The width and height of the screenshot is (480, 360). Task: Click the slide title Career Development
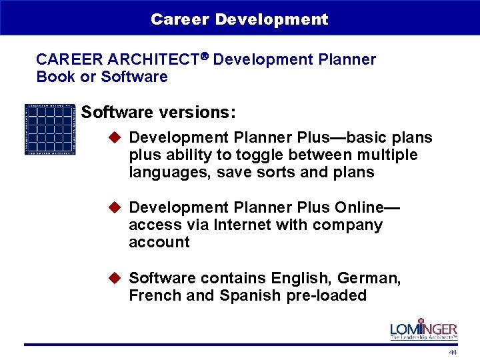coord(239,19)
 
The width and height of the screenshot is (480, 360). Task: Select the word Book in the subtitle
coord(56,77)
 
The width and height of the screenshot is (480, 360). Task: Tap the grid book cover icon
coord(50,129)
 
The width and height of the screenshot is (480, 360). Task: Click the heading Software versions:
coord(159,113)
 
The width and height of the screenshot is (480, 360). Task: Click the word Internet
coord(244,225)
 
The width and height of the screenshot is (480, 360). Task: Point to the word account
coord(159,242)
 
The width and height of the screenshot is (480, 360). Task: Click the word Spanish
coord(247,295)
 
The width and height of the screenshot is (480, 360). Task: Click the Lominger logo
coord(423,329)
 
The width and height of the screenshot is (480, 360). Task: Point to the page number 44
coord(453,352)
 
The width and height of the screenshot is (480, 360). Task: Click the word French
coord(155,295)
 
